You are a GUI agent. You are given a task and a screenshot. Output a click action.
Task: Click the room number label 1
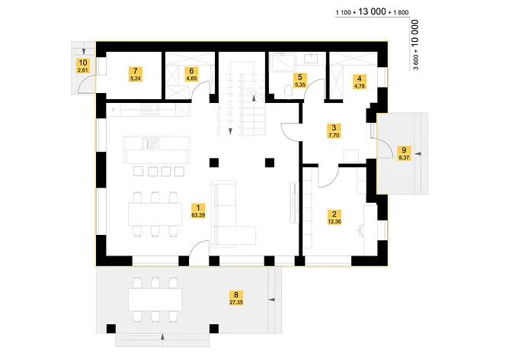[x=198, y=207]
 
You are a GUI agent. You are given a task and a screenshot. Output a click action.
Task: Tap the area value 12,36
[x=335, y=222]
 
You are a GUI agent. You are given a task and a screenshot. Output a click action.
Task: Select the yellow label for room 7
[x=136, y=74]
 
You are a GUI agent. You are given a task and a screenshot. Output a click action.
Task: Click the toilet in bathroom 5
[x=288, y=91]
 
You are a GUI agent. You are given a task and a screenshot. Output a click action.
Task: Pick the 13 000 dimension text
[x=372, y=11]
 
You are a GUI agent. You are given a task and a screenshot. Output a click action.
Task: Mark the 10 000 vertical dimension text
[x=415, y=34]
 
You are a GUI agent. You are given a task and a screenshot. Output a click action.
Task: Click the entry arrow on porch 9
[x=418, y=153]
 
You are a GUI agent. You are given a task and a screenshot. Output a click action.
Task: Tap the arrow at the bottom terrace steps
[x=162, y=336]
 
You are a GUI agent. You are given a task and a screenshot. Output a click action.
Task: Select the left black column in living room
[x=214, y=162]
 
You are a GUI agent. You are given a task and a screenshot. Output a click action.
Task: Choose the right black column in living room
[x=270, y=162]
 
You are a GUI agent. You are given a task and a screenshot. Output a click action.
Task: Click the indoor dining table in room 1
[x=155, y=214]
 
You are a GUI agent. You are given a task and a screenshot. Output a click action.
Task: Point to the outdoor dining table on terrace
[x=155, y=300]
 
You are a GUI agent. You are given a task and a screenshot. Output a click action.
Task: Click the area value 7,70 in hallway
[x=334, y=135]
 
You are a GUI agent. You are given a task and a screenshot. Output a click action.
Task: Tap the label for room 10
[x=83, y=66]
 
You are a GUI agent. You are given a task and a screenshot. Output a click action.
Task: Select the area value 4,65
[x=191, y=79]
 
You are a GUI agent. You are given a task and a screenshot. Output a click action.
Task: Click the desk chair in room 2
[x=360, y=230]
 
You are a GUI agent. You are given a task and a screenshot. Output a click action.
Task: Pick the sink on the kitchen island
[x=151, y=143]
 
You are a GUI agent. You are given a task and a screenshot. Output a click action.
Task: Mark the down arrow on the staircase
[x=230, y=131]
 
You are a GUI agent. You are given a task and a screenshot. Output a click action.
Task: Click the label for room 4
[x=360, y=82]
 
